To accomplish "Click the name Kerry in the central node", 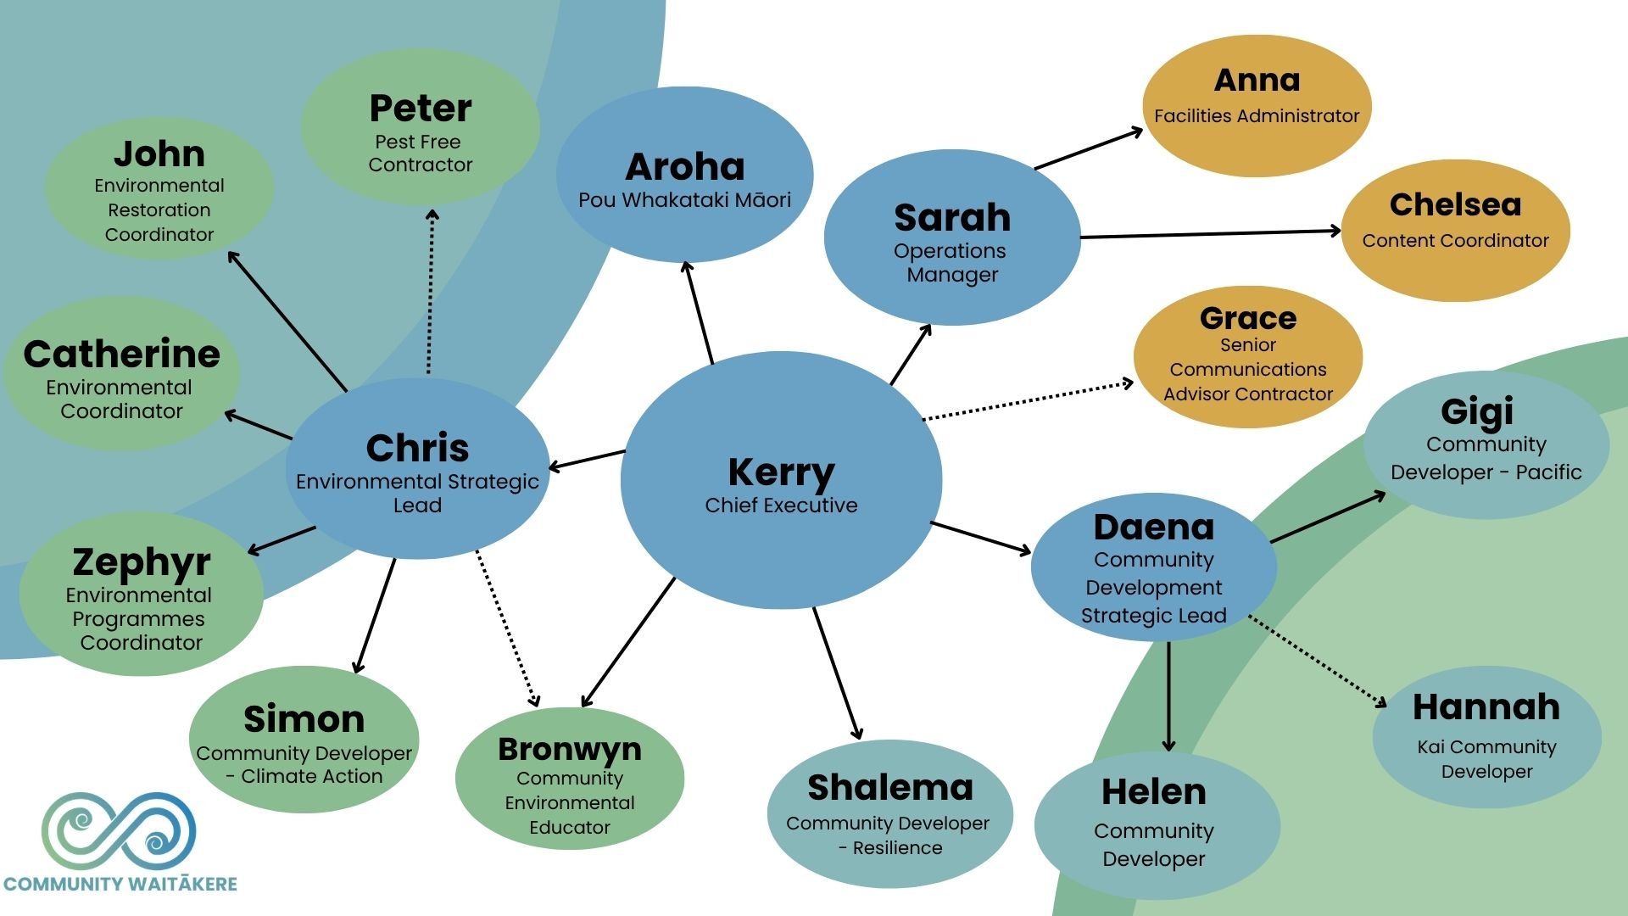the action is [x=781, y=473].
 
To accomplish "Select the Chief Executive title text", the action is [x=781, y=505].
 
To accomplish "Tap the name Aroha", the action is [x=685, y=167].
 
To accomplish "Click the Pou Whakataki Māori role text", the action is [x=685, y=200].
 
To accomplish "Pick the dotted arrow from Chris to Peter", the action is [x=430, y=292].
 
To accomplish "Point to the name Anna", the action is [x=1257, y=81].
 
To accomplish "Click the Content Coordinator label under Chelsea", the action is [x=1455, y=241].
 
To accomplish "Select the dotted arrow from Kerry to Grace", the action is [x=1028, y=400].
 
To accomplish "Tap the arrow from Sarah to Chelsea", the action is [x=1210, y=233].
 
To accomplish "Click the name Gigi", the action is [x=1477, y=413].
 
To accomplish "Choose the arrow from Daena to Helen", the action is [x=1168, y=696].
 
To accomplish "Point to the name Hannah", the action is [x=1486, y=707].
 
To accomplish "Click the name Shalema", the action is [x=889, y=788].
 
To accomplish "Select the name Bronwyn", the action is [x=569, y=750].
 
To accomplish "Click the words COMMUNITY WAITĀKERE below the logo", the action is [x=120, y=884].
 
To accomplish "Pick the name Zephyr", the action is [x=141, y=563].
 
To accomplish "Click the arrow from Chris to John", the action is [x=287, y=321].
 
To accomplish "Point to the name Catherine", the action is [x=121, y=355].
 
